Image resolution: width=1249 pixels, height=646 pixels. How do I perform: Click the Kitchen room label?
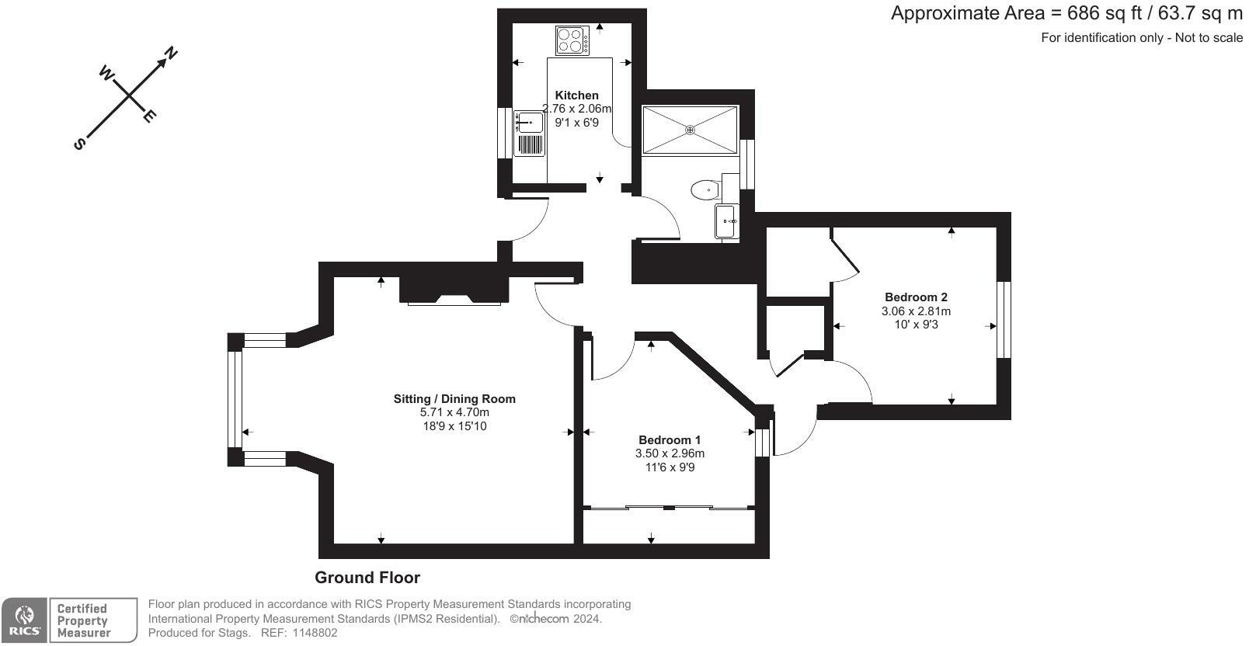(x=576, y=96)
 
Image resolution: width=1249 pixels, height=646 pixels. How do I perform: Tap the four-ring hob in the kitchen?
(x=572, y=40)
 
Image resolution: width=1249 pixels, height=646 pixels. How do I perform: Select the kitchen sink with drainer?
(x=529, y=134)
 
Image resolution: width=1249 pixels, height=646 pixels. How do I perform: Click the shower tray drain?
(x=690, y=130)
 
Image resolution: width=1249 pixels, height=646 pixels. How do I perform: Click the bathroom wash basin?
(x=727, y=221)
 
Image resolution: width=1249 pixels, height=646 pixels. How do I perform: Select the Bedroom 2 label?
(x=916, y=297)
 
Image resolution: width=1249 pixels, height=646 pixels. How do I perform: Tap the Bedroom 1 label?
(x=669, y=439)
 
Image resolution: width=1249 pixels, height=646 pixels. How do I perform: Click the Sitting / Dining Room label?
(x=454, y=399)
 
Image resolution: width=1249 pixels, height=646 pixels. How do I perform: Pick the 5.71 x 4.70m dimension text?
(x=454, y=412)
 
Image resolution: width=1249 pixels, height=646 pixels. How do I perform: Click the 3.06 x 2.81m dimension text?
(x=916, y=311)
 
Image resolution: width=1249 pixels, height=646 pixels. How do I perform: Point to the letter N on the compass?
(x=171, y=53)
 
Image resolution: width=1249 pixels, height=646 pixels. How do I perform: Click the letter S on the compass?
(x=79, y=144)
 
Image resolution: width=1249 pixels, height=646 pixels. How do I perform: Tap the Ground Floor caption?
(x=367, y=578)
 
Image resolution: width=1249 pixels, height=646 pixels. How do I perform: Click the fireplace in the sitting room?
(x=454, y=290)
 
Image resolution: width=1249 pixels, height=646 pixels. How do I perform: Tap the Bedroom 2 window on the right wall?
(x=1004, y=319)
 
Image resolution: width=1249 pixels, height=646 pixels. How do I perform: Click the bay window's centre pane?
(x=235, y=399)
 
